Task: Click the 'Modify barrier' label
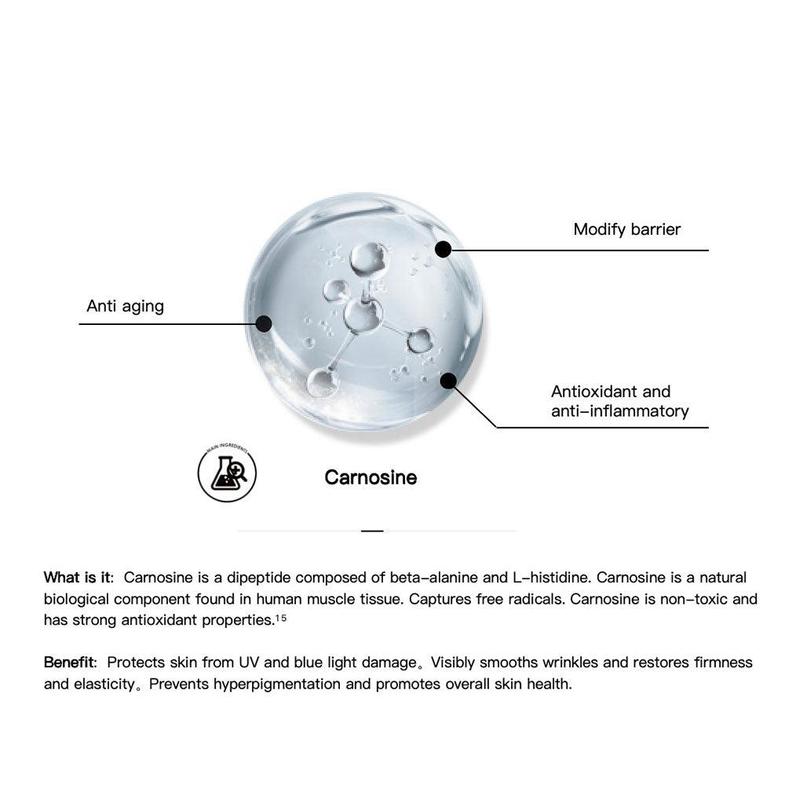[x=626, y=229]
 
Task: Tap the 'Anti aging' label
[x=125, y=306]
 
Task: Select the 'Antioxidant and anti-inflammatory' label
[x=619, y=401]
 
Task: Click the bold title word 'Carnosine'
[x=371, y=477]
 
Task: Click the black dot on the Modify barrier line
[x=443, y=250]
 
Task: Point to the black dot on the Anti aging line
[x=264, y=323]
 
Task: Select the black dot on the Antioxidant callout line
[x=448, y=381]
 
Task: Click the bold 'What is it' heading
[x=78, y=578]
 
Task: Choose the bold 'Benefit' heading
[x=69, y=663]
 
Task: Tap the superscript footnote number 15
[x=280, y=618]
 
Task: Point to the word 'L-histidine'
[x=550, y=578]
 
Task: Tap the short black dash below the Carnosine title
[x=372, y=531]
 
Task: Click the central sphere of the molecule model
[x=363, y=316]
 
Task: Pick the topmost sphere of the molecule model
[x=368, y=258]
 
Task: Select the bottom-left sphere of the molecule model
[x=322, y=382]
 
